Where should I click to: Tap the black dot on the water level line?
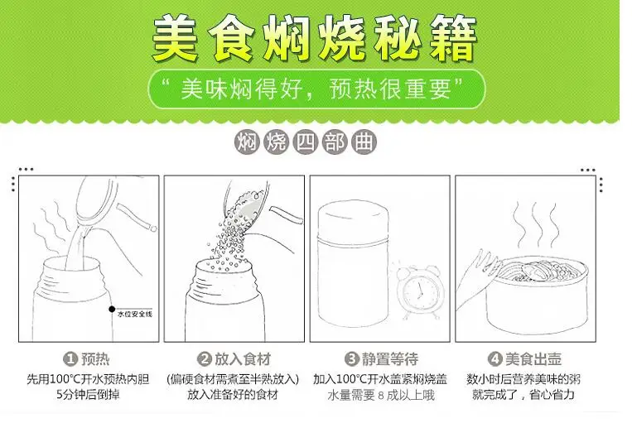(112, 309)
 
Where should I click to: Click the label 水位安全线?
(135, 315)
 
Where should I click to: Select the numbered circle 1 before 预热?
(70, 358)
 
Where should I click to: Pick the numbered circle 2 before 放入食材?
(204, 358)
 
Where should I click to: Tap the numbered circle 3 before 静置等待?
(351, 358)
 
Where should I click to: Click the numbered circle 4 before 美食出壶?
(495, 358)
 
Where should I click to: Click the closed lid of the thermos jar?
(354, 222)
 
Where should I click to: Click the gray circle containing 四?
(305, 142)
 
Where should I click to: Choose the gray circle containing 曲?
(364, 142)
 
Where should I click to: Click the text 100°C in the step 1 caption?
(65, 379)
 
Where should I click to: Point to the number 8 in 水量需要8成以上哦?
(381, 395)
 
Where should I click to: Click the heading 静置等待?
(390, 358)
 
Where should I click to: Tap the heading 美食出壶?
(533, 358)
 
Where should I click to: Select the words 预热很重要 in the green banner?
(391, 89)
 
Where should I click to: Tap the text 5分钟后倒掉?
(88, 395)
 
